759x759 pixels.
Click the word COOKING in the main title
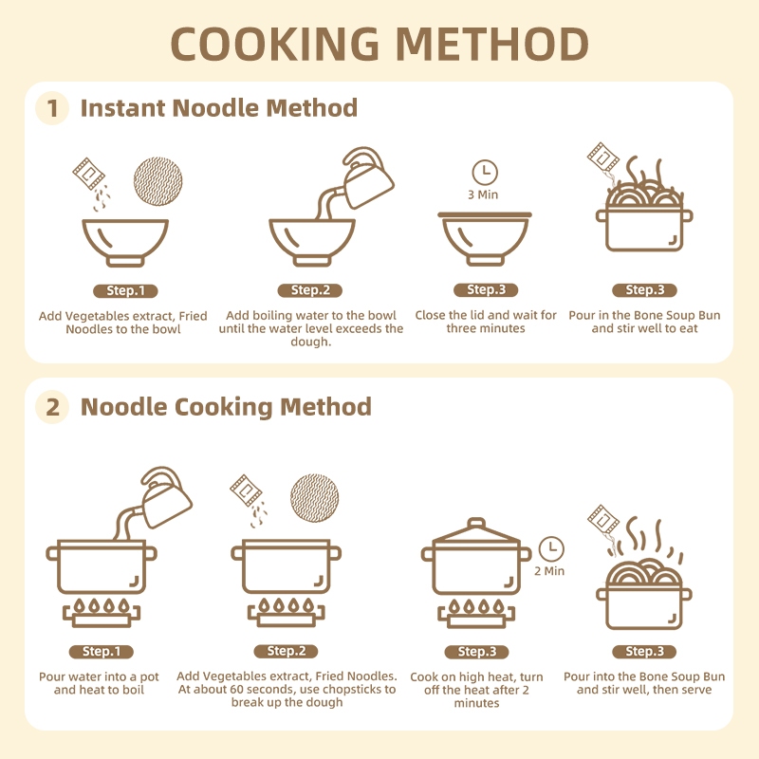274,44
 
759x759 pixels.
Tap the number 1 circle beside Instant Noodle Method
52,108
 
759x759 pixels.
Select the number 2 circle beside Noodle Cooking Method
52,407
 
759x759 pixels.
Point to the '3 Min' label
483,194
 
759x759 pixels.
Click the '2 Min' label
549,571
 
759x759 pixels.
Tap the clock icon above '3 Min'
485,173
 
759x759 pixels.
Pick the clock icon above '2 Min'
551,549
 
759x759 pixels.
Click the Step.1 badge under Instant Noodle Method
126,290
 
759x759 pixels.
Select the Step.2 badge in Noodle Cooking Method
287,651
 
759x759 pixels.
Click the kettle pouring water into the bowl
366,177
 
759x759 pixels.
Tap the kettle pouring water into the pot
164,497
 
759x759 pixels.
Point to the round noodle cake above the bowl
157,181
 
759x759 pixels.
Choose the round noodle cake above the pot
315,498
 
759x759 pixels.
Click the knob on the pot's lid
476,525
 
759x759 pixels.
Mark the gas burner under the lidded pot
476,613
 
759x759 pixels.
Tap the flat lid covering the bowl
485,214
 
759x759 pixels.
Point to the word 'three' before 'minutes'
460,328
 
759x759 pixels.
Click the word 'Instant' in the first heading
123,108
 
